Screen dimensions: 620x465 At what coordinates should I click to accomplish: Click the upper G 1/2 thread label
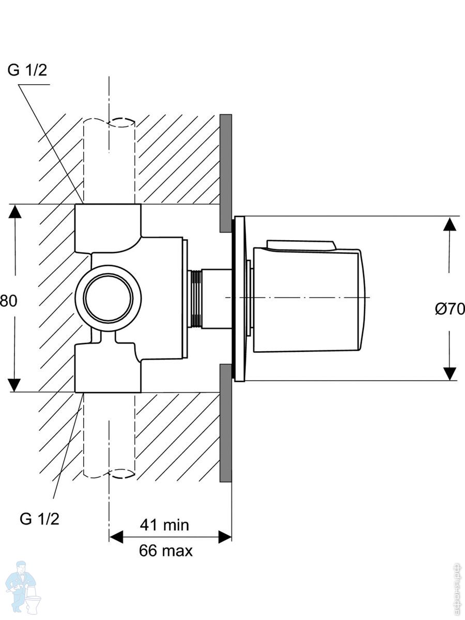(x=27, y=71)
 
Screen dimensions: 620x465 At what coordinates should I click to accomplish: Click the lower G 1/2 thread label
(x=40, y=518)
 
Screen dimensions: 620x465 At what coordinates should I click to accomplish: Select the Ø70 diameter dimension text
(x=450, y=309)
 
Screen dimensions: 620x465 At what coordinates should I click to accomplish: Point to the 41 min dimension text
(x=164, y=525)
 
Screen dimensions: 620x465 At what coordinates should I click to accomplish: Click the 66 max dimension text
(x=165, y=551)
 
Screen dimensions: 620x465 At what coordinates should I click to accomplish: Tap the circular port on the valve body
(x=108, y=298)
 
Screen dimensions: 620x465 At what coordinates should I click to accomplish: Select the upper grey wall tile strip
(x=226, y=173)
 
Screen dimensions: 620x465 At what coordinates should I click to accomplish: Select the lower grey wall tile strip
(x=226, y=423)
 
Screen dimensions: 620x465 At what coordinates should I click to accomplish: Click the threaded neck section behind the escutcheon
(x=195, y=299)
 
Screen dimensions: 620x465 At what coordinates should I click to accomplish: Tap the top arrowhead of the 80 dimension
(x=16, y=212)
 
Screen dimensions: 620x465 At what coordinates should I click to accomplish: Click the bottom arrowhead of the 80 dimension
(x=16, y=384)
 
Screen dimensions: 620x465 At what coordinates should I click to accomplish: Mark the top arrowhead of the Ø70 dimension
(x=450, y=224)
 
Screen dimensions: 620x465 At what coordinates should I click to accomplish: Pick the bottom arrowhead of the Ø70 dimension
(x=450, y=373)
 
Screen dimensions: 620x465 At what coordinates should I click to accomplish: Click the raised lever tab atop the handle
(x=301, y=244)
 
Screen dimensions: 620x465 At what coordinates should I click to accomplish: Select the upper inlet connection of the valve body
(x=108, y=222)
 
